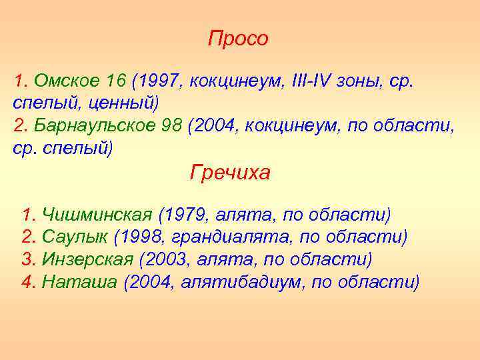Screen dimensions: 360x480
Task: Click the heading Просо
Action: coord(238,39)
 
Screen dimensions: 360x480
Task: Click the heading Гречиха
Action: coord(230,173)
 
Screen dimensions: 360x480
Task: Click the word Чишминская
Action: coord(98,215)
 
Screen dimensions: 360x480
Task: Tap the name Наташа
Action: coord(79,281)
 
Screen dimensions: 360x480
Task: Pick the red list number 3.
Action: coord(27,259)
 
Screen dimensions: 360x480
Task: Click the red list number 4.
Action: coord(27,281)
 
